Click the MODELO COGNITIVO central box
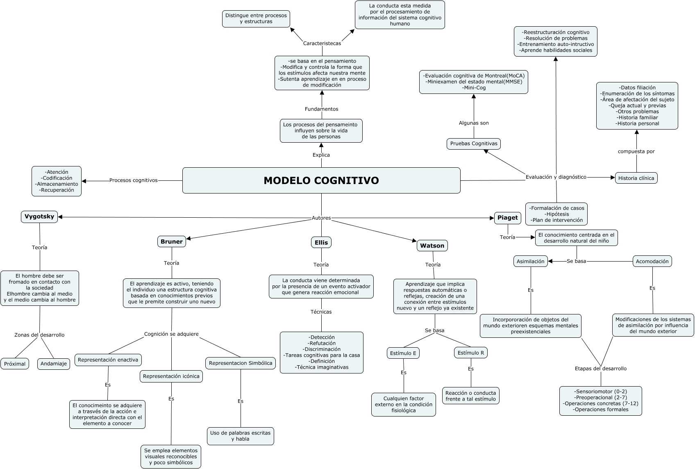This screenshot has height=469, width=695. (x=321, y=180)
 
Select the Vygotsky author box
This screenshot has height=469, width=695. (x=39, y=217)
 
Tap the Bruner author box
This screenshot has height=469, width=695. (x=171, y=242)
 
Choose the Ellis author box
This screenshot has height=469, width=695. (x=321, y=243)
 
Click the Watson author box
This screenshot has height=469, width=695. (x=432, y=246)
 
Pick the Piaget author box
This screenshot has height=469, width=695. (x=507, y=218)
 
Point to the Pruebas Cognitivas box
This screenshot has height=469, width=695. (x=473, y=144)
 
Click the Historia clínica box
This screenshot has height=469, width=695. (x=636, y=178)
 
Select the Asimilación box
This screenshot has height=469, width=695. (x=530, y=262)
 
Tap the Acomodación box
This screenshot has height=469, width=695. (x=652, y=262)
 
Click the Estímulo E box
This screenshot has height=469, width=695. (x=403, y=353)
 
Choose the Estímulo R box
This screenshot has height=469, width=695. (x=470, y=353)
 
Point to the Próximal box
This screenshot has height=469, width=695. (x=15, y=364)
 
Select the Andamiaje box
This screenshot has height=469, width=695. (x=54, y=364)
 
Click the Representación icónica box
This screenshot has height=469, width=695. (x=171, y=376)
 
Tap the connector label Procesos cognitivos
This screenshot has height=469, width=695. (x=133, y=180)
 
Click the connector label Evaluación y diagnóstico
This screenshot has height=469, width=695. (x=556, y=177)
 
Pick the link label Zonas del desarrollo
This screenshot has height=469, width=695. (x=39, y=335)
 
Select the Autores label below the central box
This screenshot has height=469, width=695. (x=321, y=218)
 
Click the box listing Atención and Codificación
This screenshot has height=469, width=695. (x=57, y=181)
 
